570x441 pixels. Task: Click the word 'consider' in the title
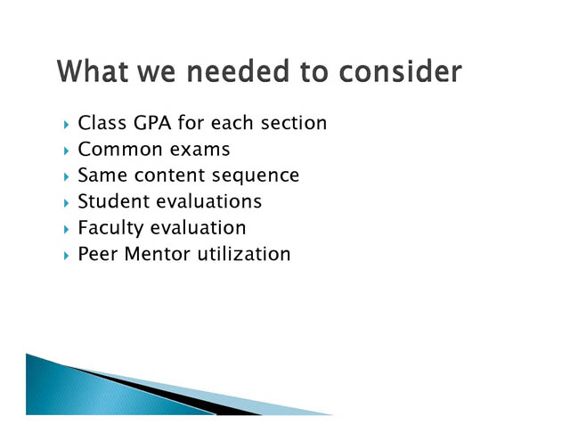click(x=400, y=71)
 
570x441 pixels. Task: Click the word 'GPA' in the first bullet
click(x=152, y=123)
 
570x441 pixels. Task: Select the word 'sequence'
click(x=256, y=176)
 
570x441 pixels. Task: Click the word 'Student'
click(x=114, y=201)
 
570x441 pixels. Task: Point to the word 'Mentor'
click(x=157, y=254)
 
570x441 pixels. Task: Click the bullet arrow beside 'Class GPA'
click(x=66, y=125)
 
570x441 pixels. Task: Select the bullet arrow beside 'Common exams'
click(x=66, y=151)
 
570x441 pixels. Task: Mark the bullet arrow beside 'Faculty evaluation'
click(x=66, y=229)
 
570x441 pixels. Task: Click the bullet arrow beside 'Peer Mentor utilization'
click(x=66, y=256)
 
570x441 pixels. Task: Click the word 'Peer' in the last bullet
click(x=98, y=254)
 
